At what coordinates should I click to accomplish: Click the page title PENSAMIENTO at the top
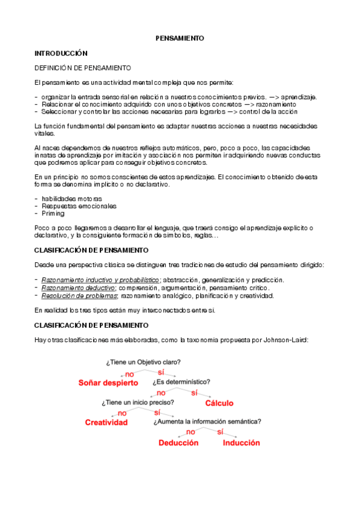(180, 38)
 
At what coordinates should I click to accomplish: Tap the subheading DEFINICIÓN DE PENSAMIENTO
(82, 69)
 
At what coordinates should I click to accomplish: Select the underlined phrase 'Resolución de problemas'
(79, 295)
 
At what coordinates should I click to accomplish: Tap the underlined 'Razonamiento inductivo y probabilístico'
(100, 280)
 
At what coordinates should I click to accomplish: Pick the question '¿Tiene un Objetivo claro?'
(143, 362)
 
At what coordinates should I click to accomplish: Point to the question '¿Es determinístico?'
(181, 382)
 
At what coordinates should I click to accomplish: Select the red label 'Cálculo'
(220, 403)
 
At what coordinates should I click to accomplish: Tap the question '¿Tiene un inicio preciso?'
(138, 402)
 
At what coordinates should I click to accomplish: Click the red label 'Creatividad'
(106, 422)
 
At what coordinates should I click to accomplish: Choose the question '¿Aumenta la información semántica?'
(207, 422)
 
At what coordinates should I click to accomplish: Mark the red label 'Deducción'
(178, 443)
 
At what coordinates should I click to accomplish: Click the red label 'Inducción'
(241, 443)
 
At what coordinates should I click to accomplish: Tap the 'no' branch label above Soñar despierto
(129, 373)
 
